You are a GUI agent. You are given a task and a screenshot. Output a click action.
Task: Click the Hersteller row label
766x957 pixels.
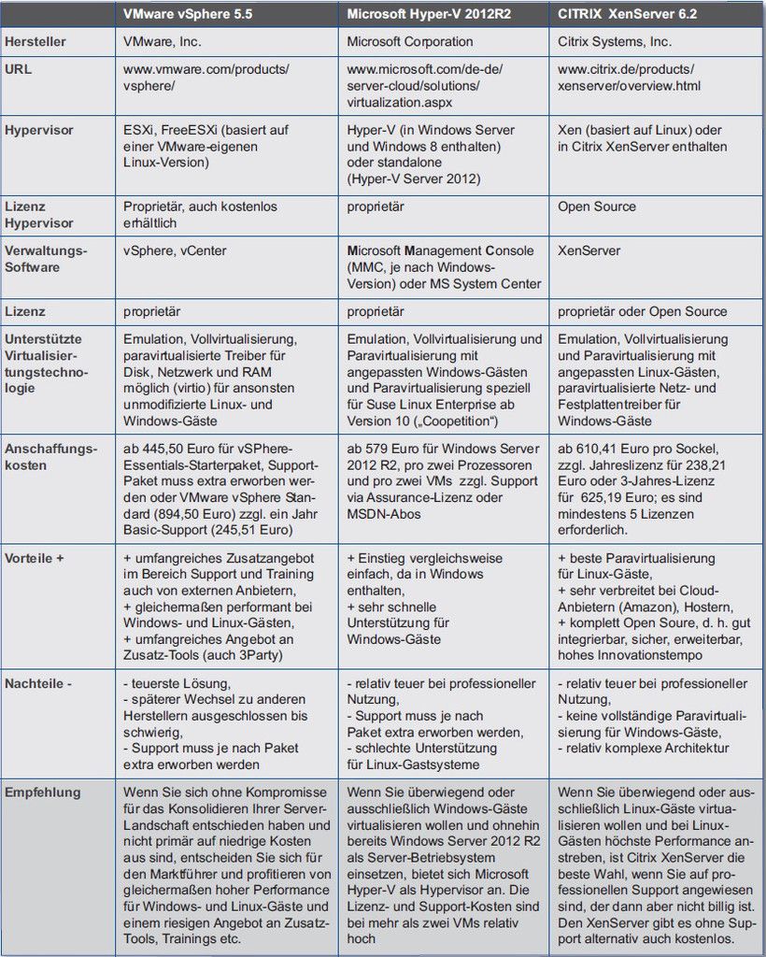click(x=35, y=41)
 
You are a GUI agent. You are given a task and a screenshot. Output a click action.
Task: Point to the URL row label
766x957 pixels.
click(x=20, y=70)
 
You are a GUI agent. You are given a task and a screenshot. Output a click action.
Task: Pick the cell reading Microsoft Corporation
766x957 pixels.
click(x=410, y=41)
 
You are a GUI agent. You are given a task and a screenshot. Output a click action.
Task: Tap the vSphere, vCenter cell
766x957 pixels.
click(x=175, y=250)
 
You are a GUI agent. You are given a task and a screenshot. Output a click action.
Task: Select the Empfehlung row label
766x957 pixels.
click(x=43, y=793)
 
